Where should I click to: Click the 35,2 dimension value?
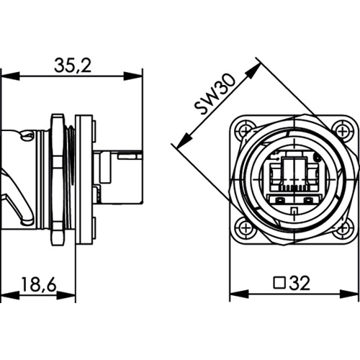click(x=73, y=65)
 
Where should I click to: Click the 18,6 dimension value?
click(x=39, y=284)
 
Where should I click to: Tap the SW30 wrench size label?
click(x=215, y=94)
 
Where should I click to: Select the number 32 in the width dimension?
click(x=300, y=283)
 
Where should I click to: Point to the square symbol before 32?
click(x=279, y=283)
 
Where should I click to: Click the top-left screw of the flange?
click(x=246, y=131)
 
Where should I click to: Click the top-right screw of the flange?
click(x=343, y=131)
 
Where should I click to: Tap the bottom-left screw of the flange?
click(x=246, y=227)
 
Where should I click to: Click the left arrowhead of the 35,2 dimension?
click(x=10, y=76)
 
